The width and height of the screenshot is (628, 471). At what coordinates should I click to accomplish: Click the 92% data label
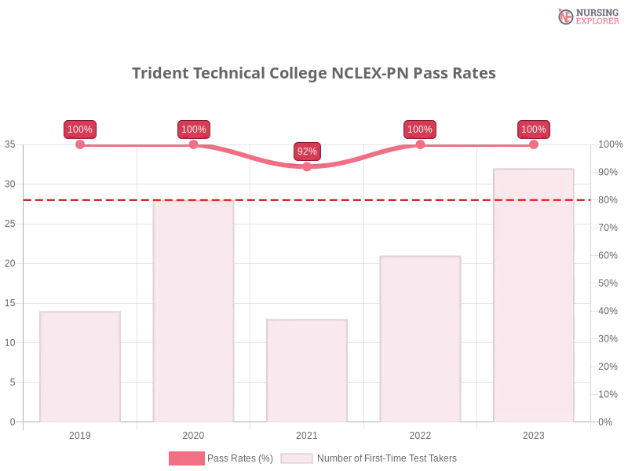307,152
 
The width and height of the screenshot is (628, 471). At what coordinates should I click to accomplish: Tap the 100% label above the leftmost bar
80,130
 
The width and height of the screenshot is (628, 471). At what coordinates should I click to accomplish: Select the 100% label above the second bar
193,130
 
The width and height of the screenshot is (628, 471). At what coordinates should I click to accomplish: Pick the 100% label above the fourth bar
420,130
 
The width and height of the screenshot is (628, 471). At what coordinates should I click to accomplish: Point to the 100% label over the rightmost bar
534,130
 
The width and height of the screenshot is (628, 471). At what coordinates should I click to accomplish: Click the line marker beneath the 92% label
307,168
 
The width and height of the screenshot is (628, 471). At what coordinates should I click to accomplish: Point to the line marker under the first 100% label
80,144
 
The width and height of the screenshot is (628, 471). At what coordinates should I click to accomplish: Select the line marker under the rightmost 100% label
534,144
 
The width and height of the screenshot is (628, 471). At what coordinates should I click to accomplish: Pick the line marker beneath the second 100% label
193,144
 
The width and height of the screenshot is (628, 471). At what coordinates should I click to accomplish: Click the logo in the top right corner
586,16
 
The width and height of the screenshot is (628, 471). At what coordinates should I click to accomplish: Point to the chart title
314,74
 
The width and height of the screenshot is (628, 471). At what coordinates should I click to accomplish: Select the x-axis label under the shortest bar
308,433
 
